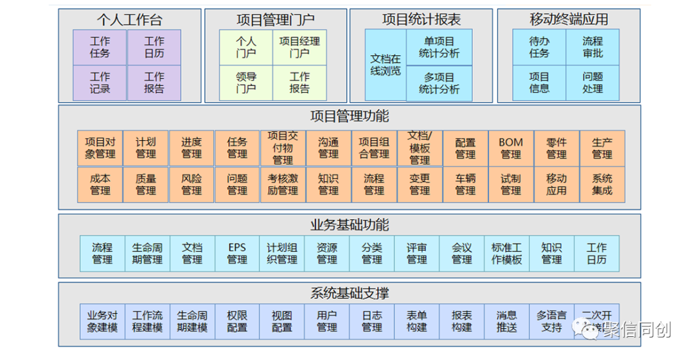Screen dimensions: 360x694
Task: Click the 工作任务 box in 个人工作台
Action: click(100, 47)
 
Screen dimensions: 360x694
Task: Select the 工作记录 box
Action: click(100, 83)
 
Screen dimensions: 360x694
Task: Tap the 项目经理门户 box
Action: click(299, 47)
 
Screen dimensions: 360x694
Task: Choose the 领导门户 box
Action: click(246, 83)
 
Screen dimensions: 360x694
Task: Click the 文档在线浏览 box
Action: click(386, 65)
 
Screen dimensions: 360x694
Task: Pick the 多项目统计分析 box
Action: click(440, 84)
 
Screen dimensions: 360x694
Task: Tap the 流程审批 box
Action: click(592, 47)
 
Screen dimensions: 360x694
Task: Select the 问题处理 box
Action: click(592, 83)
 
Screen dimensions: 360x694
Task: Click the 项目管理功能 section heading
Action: click(350, 117)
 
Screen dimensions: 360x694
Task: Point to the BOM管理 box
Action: click(511, 148)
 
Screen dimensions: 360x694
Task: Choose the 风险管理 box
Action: click(191, 184)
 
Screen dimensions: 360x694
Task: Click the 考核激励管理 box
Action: click(283, 184)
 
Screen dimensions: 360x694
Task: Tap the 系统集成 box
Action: click(602, 184)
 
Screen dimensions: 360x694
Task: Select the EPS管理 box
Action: click(237, 253)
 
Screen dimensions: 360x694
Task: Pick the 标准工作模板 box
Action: click(507, 253)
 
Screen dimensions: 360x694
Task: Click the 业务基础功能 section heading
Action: click(350, 225)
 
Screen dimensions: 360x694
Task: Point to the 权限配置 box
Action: click(237, 321)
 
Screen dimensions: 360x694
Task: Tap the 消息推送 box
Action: click(507, 321)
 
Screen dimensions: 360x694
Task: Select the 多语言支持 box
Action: click(552, 321)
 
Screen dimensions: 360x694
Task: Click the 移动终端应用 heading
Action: click(569, 19)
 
